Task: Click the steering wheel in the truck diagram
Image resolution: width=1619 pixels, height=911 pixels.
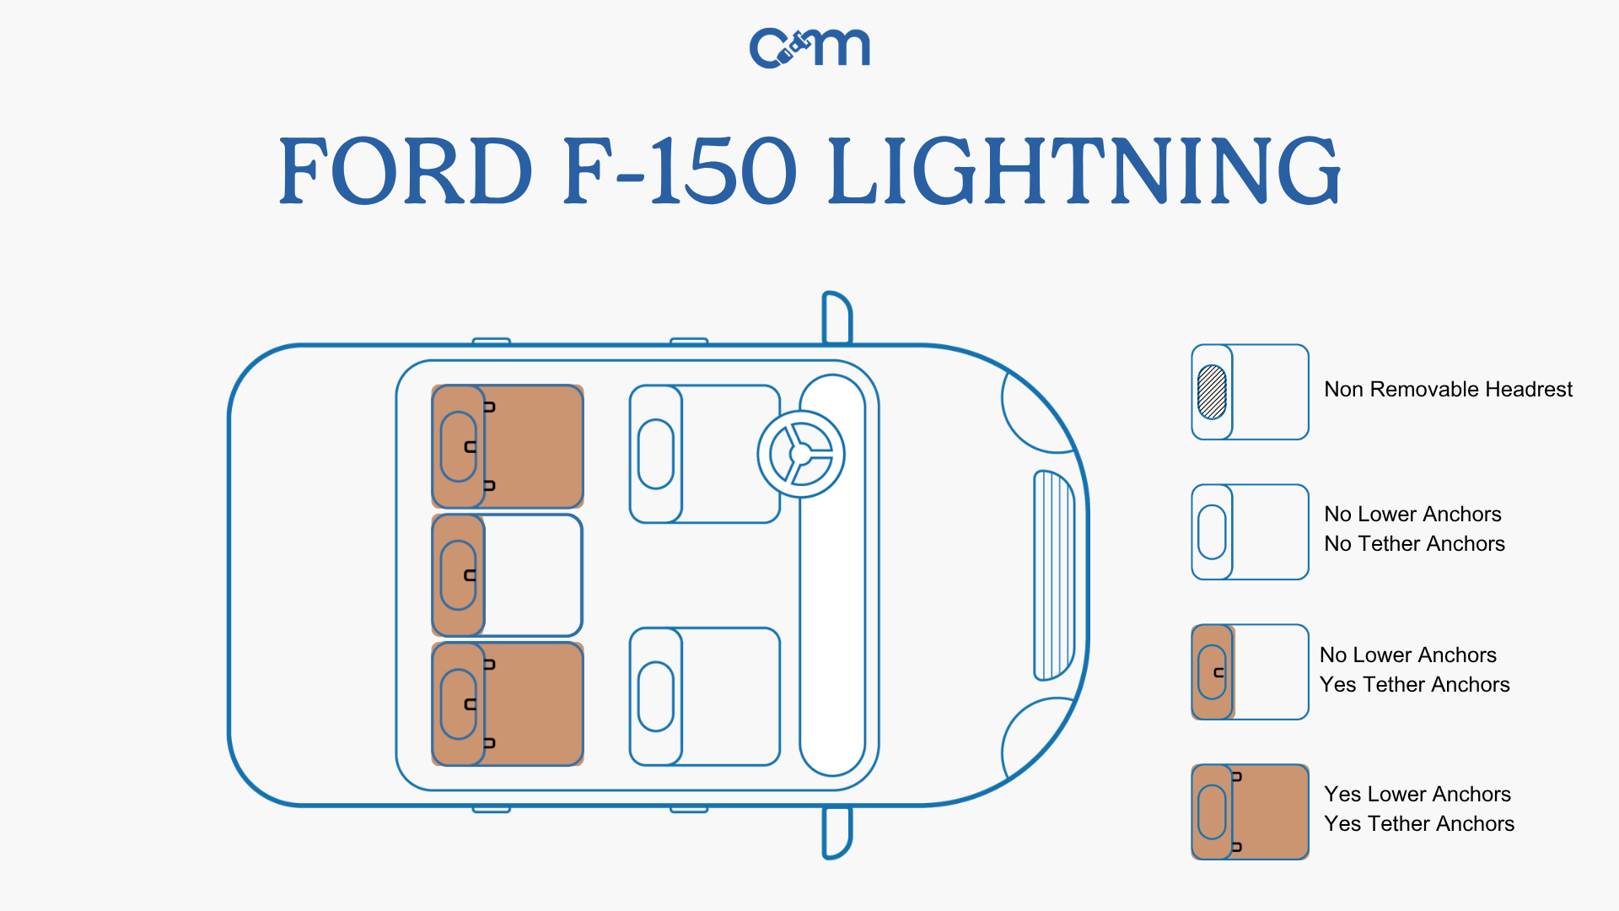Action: click(x=800, y=454)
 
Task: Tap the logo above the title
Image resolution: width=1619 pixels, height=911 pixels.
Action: click(x=809, y=48)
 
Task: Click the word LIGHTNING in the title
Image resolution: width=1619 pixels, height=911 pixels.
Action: click(x=1084, y=171)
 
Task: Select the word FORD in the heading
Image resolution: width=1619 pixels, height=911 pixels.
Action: click(x=406, y=171)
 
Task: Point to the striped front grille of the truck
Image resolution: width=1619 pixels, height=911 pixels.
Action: click(x=1054, y=575)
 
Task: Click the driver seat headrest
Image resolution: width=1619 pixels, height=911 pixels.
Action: click(x=656, y=454)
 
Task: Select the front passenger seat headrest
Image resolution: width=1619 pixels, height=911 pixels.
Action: click(x=656, y=697)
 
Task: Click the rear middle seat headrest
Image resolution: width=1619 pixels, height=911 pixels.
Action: click(x=458, y=575)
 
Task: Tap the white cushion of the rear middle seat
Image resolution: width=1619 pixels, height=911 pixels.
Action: click(x=533, y=575)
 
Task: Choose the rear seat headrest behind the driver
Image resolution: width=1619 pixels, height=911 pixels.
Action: click(x=458, y=447)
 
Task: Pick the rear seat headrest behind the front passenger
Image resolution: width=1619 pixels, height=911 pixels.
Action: click(x=458, y=704)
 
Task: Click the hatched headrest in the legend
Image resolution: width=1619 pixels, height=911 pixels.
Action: click(x=1212, y=392)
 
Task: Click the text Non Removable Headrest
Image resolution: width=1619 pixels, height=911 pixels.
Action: click(x=1448, y=390)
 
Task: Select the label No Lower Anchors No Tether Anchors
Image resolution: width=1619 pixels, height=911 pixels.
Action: click(x=1414, y=529)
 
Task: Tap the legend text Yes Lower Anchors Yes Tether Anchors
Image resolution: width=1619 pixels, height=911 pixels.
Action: click(x=1418, y=809)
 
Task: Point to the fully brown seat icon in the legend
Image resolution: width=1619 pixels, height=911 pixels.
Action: click(x=1250, y=812)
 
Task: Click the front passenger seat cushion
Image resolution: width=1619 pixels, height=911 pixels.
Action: click(x=729, y=697)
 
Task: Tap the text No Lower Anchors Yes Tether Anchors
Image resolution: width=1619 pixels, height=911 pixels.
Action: click(x=1414, y=670)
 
